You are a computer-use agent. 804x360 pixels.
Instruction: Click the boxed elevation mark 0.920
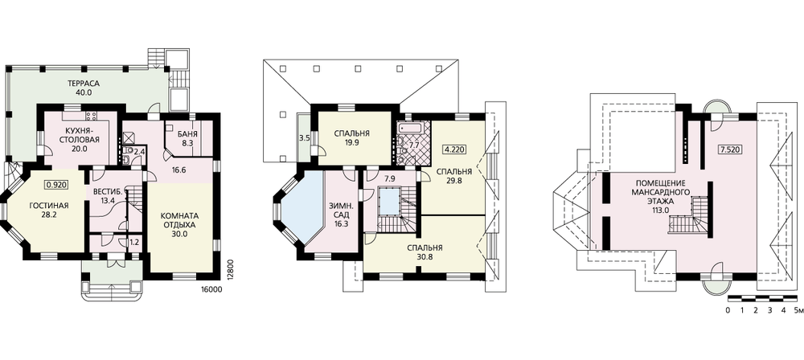click(x=57, y=183)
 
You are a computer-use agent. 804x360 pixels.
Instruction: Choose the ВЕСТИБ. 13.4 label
click(x=107, y=196)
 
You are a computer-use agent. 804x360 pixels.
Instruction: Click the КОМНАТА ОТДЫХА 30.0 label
click(x=180, y=224)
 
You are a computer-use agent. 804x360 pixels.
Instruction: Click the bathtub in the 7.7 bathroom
click(x=408, y=127)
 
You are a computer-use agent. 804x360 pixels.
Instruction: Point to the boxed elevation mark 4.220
click(x=455, y=151)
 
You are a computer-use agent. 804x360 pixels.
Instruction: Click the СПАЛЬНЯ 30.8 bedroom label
click(x=425, y=252)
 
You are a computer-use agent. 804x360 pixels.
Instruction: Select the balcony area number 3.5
click(x=304, y=138)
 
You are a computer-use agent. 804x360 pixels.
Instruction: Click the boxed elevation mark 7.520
click(x=729, y=151)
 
